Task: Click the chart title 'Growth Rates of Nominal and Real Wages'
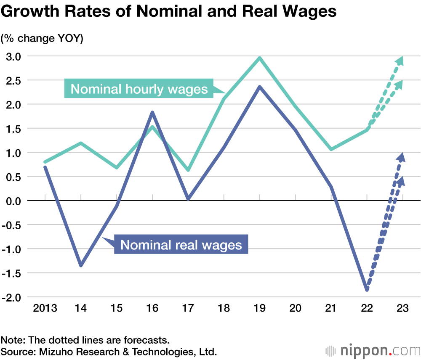click(x=168, y=11)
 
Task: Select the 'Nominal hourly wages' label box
click(x=139, y=89)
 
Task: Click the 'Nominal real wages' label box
click(x=181, y=245)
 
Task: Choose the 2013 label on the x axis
click(x=45, y=309)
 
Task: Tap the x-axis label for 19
click(x=260, y=309)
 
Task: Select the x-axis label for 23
click(x=402, y=309)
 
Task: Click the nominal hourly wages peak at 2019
click(x=260, y=58)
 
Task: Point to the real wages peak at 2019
click(x=260, y=87)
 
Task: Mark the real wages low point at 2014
click(x=81, y=265)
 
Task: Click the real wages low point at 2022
click(x=367, y=290)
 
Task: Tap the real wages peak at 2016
click(x=152, y=112)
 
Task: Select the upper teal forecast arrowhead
click(x=400, y=61)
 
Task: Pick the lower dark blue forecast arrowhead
click(x=400, y=180)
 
